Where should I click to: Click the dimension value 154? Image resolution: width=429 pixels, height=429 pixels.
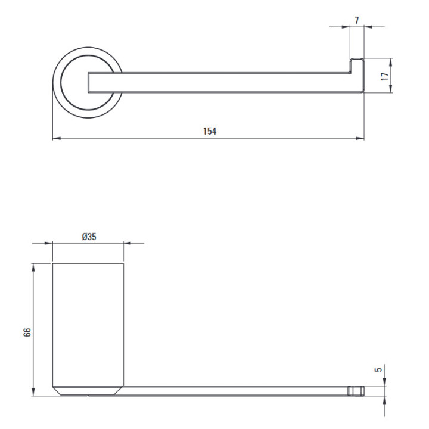(210, 131)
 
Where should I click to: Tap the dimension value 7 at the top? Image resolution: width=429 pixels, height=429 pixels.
(357, 20)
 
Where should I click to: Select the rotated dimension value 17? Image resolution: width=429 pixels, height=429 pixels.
(385, 76)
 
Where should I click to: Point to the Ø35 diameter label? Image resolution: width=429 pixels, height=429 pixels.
(89, 237)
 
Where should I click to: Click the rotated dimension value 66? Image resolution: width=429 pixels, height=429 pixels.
(27, 332)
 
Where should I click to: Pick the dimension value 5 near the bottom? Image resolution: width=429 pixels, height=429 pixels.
(378, 369)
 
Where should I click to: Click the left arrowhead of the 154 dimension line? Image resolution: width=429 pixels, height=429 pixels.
(57, 138)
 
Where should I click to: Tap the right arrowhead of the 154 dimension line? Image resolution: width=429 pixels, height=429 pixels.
(360, 138)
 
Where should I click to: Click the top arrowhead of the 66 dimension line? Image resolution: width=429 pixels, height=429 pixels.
(33, 268)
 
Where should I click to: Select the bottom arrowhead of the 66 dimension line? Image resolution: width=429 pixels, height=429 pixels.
(33, 392)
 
